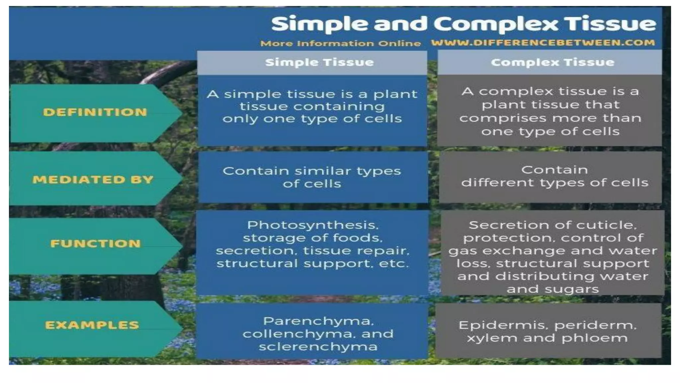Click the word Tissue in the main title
click(611, 24)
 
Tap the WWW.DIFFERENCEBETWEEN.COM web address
click(543, 43)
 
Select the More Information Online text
click(340, 44)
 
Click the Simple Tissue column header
click(319, 63)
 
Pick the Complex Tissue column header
click(552, 63)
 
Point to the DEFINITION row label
click(95, 112)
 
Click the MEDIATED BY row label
click(93, 180)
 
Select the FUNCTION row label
click(95, 244)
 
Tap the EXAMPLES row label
click(92, 325)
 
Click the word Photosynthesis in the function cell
click(312, 225)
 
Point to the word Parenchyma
click(318, 321)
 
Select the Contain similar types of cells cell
click(312, 177)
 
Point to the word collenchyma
click(299, 334)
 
